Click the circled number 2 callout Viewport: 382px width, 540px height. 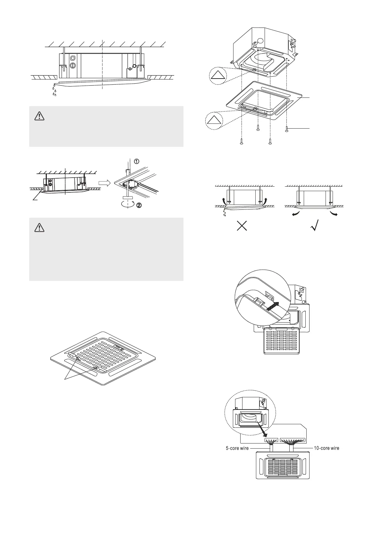(139, 206)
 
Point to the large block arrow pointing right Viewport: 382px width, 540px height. (104, 183)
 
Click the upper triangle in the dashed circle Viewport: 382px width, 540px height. (217, 76)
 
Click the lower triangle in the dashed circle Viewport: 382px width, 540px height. (213, 120)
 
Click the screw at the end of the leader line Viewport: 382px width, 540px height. (286, 129)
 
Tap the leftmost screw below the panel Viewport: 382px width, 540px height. (242, 142)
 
